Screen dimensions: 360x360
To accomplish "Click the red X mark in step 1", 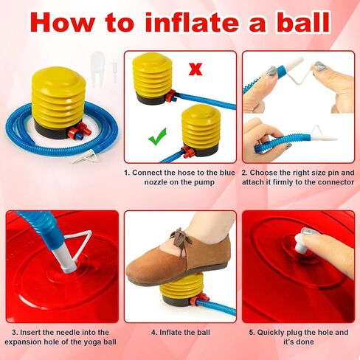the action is pos(195,69).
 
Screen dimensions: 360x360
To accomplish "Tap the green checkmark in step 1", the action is pos(158,136).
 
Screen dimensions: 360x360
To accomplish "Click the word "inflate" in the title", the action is pos(192,22).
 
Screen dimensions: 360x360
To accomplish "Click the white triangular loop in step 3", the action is pos(79,244).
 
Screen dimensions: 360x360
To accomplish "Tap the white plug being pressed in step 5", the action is pos(301,243).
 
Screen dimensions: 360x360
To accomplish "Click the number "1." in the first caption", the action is pos(127,173).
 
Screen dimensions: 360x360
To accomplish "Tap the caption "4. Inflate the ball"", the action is pos(181,333).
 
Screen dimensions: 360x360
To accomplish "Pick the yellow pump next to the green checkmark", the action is pos(201,130).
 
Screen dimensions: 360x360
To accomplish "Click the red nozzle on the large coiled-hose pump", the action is pos(78,131).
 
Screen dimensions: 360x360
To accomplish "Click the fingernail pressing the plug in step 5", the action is pos(308,232).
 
